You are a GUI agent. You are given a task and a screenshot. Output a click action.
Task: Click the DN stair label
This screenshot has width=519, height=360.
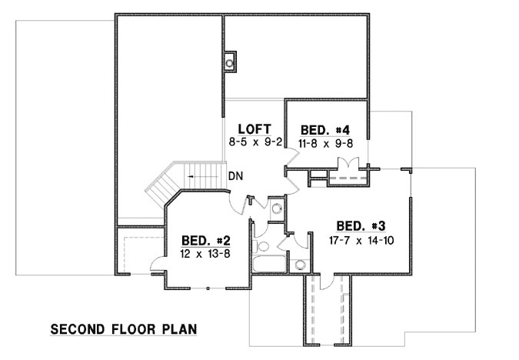236,176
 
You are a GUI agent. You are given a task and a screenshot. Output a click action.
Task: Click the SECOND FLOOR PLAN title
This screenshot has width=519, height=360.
123,329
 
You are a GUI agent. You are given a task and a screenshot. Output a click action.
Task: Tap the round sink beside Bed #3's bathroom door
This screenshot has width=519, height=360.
301,265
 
